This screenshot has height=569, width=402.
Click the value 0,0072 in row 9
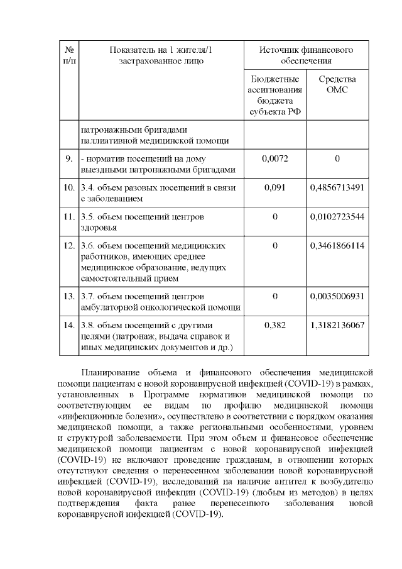click(x=274, y=158)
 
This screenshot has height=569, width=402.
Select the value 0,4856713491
click(x=337, y=187)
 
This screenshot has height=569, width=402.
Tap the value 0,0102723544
click(x=337, y=217)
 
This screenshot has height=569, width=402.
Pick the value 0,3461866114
click(x=337, y=246)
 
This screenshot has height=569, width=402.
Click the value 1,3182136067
click(x=337, y=325)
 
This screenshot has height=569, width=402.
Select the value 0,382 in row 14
click(x=274, y=325)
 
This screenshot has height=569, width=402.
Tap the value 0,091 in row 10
click(x=274, y=187)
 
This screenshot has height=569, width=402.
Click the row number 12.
click(x=69, y=246)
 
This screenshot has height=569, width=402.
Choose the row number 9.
click(x=69, y=158)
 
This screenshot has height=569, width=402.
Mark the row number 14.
click(x=69, y=325)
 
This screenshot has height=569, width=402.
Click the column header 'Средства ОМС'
click(x=337, y=85)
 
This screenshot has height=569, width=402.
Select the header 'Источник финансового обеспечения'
click(x=306, y=55)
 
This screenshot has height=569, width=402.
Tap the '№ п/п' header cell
click(x=69, y=55)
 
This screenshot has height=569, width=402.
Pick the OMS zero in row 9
click(x=337, y=158)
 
